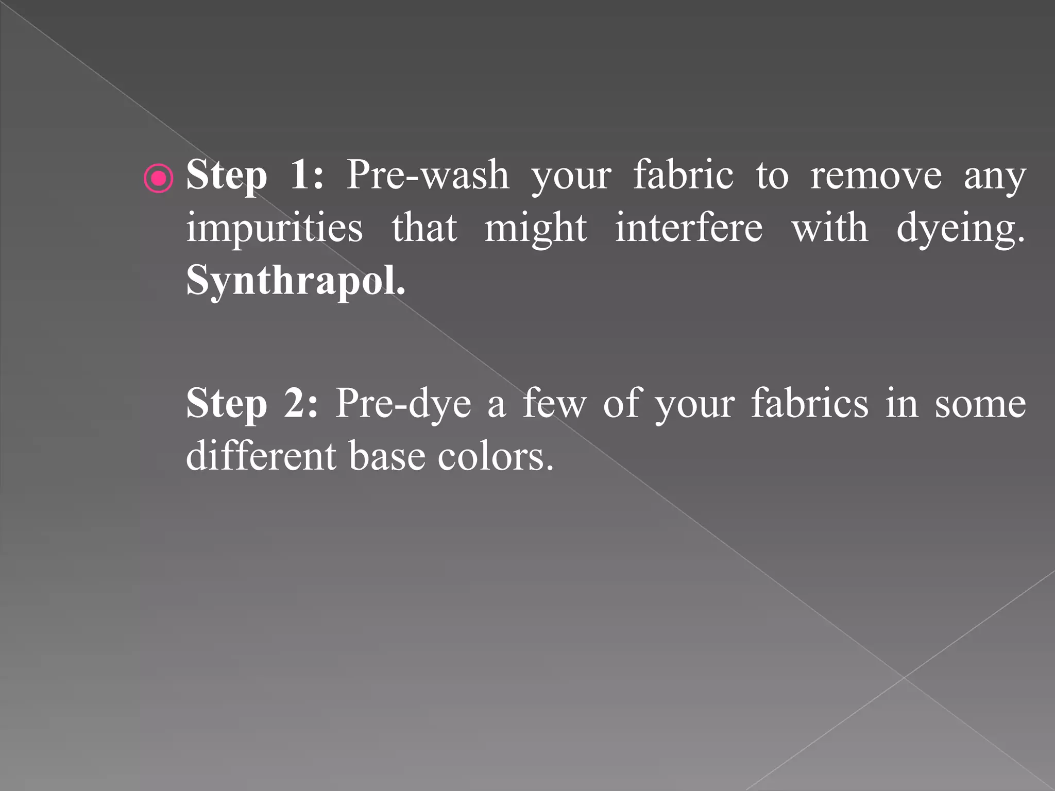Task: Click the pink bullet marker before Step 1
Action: tap(159, 178)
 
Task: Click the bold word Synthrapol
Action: tap(295, 280)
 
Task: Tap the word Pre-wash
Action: tap(428, 175)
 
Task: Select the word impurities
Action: tap(274, 228)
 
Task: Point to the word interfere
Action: tap(689, 228)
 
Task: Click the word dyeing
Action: tap(960, 228)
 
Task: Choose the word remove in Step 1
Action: tap(876, 175)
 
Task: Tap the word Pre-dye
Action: tap(403, 404)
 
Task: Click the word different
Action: tap(261, 456)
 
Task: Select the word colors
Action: tap(496, 456)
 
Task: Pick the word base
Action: tap(387, 456)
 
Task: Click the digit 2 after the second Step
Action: tap(300, 404)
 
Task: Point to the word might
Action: tap(535, 228)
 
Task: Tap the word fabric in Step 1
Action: tap(683, 175)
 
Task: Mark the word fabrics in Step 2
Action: tap(810, 404)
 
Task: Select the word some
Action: tap(980, 404)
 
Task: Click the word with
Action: tap(829, 228)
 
